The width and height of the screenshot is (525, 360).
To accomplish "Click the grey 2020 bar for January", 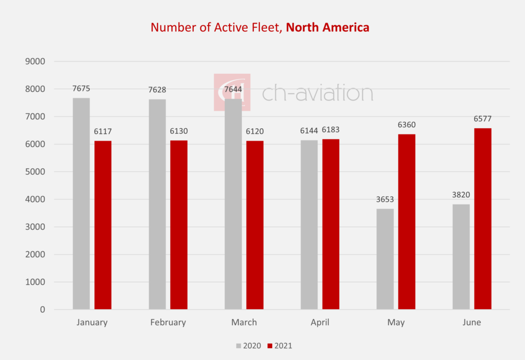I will click(81, 204).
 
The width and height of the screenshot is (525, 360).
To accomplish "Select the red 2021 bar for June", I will click(482, 219).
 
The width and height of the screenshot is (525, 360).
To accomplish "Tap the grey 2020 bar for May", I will click(385, 259).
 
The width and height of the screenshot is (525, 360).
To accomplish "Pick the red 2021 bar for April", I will click(331, 224).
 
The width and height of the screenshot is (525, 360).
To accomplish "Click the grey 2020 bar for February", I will click(157, 204).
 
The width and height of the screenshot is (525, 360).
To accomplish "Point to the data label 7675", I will click(81, 89).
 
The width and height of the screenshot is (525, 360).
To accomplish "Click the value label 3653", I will click(385, 199).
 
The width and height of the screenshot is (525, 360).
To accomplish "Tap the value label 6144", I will click(309, 131).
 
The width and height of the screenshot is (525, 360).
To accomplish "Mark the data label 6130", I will click(179, 131).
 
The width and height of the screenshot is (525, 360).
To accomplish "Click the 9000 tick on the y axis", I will click(35, 62).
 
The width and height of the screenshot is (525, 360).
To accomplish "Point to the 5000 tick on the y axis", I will click(35, 172).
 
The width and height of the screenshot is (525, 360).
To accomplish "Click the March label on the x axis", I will click(244, 323).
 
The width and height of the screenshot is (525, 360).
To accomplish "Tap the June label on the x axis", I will click(472, 323).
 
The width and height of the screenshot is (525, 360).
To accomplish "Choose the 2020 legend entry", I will click(249, 346).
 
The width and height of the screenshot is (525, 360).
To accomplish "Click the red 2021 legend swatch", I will click(270, 346).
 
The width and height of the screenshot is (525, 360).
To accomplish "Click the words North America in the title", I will click(328, 27).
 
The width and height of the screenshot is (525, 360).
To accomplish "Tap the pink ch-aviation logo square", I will click(232, 92).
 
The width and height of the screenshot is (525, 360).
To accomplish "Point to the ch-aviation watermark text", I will click(317, 93).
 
